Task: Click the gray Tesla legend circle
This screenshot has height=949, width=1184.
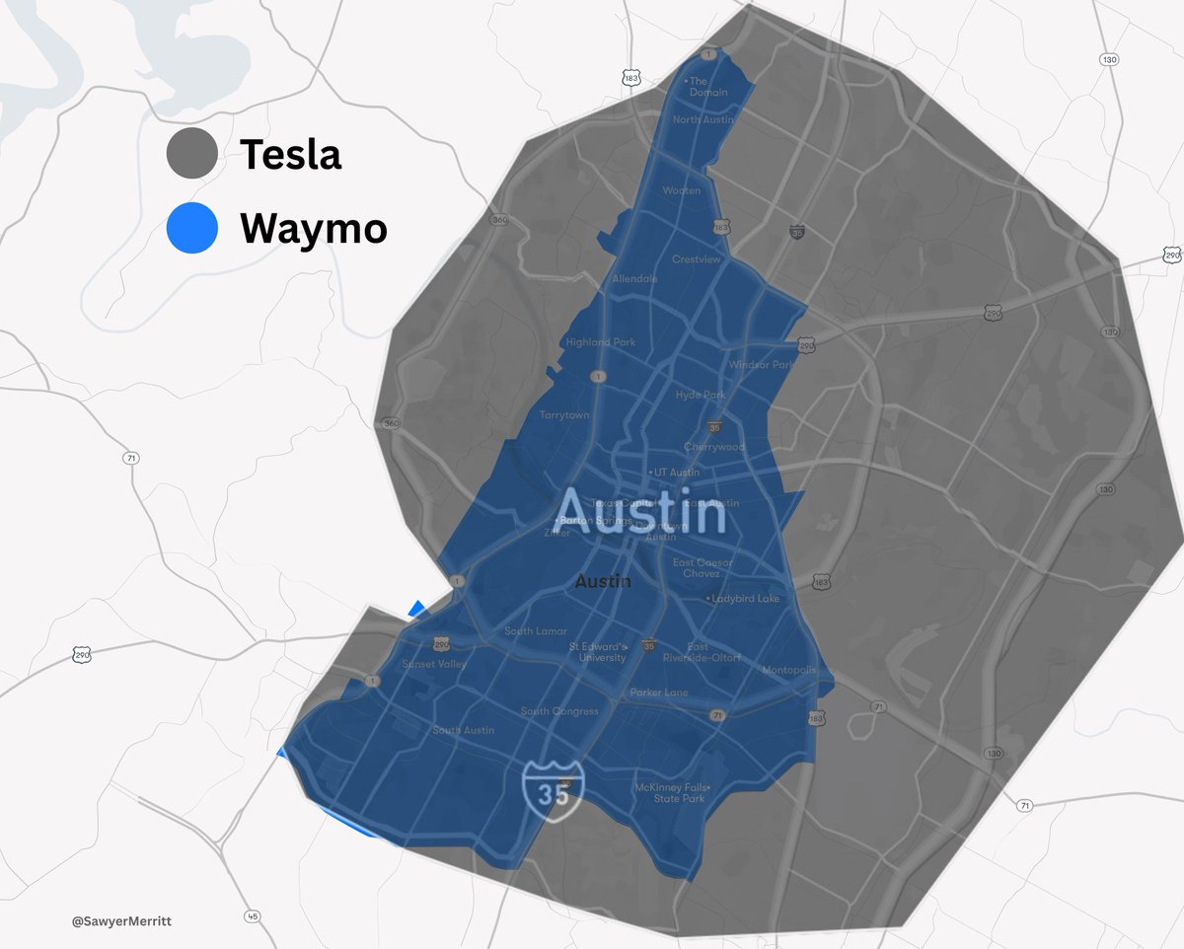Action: [192, 154]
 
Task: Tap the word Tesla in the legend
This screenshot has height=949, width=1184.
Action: [290, 155]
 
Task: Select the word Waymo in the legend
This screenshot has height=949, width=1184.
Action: [314, 229]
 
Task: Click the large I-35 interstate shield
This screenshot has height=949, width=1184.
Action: [553, 787]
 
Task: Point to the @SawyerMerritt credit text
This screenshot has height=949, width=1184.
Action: [114, 921]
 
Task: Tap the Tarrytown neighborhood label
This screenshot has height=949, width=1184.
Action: [564, 415]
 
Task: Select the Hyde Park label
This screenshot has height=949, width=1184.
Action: [701, 395]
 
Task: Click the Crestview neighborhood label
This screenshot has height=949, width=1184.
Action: [697, 259]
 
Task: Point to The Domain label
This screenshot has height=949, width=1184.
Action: [707, 87]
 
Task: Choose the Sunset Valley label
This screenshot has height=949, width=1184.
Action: [434, 664]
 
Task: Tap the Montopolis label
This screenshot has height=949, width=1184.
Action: [789, 671]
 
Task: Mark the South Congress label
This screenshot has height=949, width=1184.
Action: [559, 711]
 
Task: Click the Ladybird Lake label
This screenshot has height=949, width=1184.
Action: [745, 599]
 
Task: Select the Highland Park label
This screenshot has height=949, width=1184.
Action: [601, 342]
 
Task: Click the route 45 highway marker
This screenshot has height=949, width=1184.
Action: [253, 916]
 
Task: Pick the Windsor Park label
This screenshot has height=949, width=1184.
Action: [761, 365]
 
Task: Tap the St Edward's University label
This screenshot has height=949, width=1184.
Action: [597, 652]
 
